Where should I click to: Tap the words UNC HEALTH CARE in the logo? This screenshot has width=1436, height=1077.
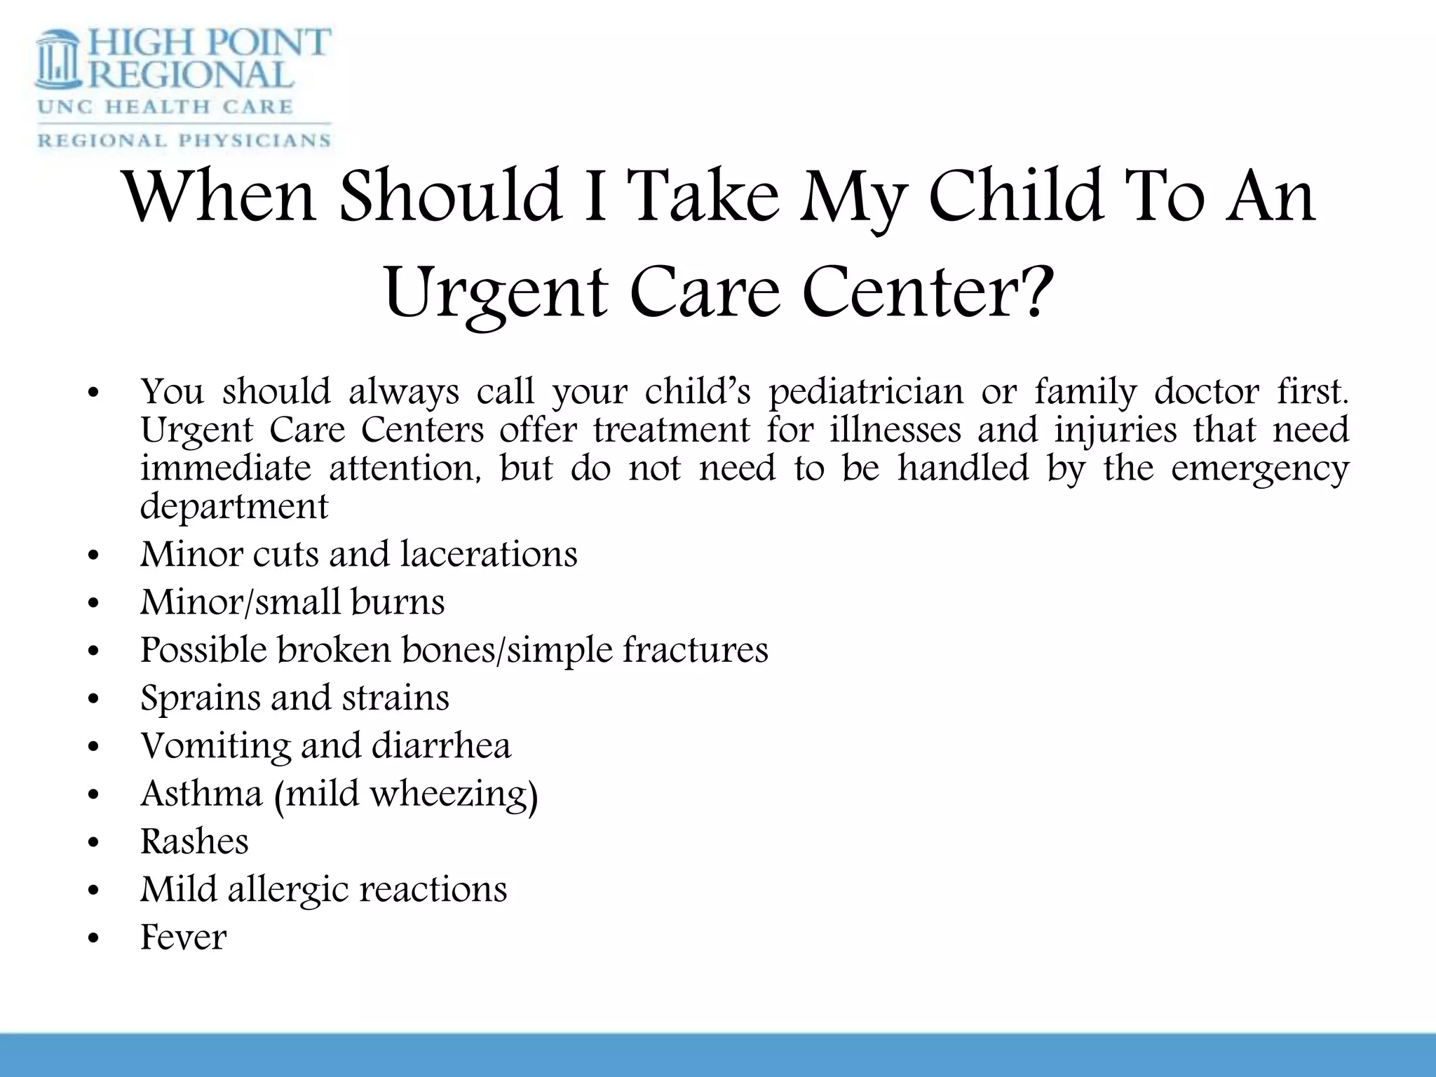pyautogui.click(x=165, y=107)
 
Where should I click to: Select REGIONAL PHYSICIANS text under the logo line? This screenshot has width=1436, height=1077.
pyautogui.click(x=184, y=140)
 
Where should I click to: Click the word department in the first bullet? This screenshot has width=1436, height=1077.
pyautogui.click(x=234, y=506)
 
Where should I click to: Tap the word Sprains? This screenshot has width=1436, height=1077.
pyautogui.click(x=196, y=698)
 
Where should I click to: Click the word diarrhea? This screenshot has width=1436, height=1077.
pyautogui.click(x=441, y=745)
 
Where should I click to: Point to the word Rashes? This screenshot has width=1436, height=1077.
pyautogui.click(x=194, y=841)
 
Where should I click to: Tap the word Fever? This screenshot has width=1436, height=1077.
pyautogui.click(x=183, y=937)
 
